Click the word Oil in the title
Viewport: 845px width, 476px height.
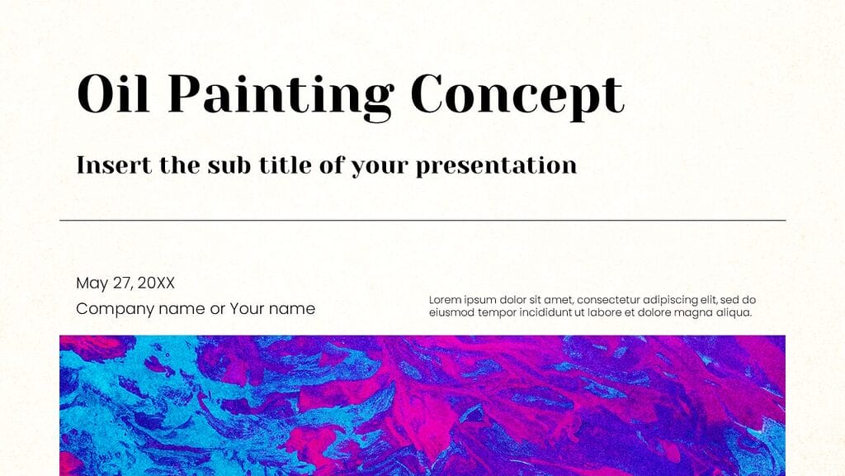click(x=114, y=94)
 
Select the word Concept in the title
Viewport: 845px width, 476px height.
click(x=517, y=96)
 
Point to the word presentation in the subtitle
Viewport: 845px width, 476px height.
click(x=496, y=166)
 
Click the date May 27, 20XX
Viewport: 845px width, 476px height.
click(x=125, y=283)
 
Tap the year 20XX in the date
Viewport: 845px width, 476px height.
click(x=156, y=283)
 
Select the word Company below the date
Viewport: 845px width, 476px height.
click(x=111, y=309)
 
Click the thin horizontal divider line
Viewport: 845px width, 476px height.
click(x=422, y=221)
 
